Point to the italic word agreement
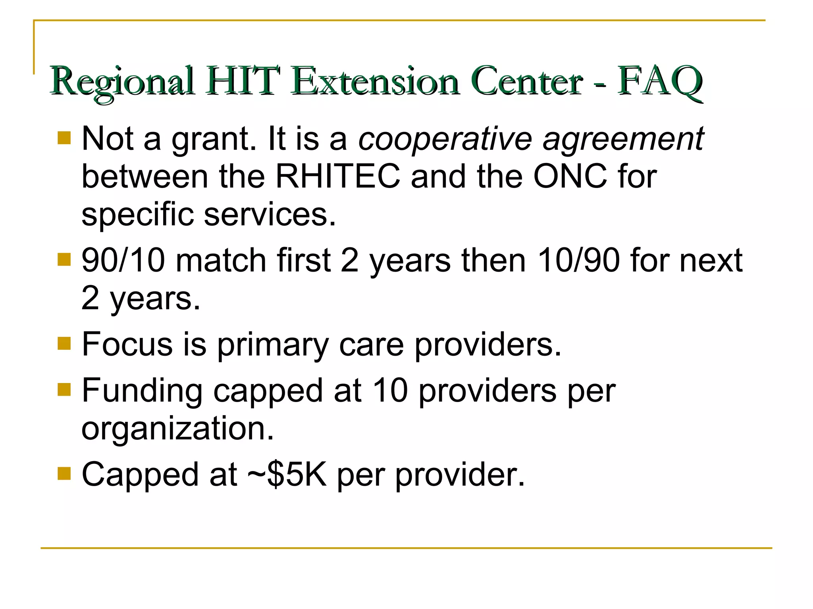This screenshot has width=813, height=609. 623,140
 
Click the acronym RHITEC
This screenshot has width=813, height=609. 338,176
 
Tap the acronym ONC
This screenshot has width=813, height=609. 570,176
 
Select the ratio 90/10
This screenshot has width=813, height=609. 123,260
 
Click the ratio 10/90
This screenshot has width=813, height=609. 578,260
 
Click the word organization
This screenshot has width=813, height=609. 177,428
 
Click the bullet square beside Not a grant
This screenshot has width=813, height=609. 64,138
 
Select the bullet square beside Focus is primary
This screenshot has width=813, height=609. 64,343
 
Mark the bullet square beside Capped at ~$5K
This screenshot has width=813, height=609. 64,473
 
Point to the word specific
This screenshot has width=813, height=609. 137,214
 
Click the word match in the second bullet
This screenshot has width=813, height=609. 221,260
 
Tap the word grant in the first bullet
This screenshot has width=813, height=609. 214,140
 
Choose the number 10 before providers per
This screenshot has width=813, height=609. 391,391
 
